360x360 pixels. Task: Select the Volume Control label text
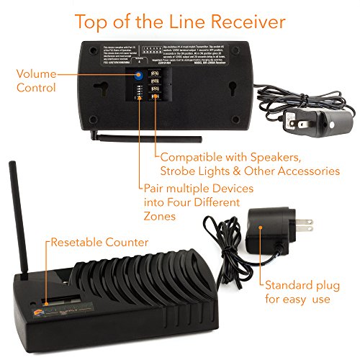(x=36, y=81)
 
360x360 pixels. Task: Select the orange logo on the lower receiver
(x=23, y=314)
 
